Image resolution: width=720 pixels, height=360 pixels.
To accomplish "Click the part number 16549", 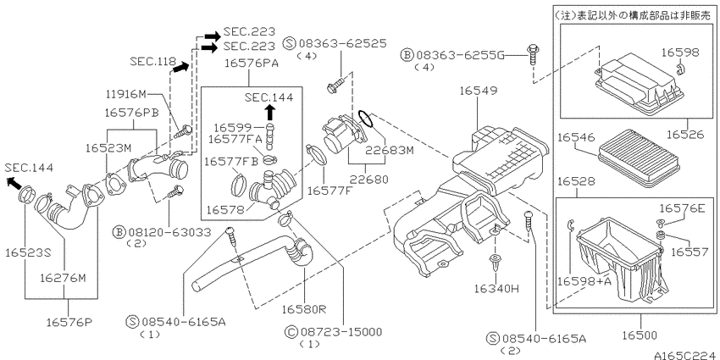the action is (x=479, y=91).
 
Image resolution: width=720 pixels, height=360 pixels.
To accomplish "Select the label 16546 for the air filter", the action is (x=576, y=137).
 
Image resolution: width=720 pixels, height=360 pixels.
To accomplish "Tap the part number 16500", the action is (x=640, y=335).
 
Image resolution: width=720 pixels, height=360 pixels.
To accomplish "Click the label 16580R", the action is (x=304, y=309).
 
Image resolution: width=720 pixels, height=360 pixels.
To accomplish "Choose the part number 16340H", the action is (x=496, y=289).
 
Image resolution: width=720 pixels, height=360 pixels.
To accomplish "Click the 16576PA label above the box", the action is (x=252, y=64).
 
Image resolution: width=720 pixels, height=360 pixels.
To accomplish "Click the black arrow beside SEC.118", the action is (x=181, y=68).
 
